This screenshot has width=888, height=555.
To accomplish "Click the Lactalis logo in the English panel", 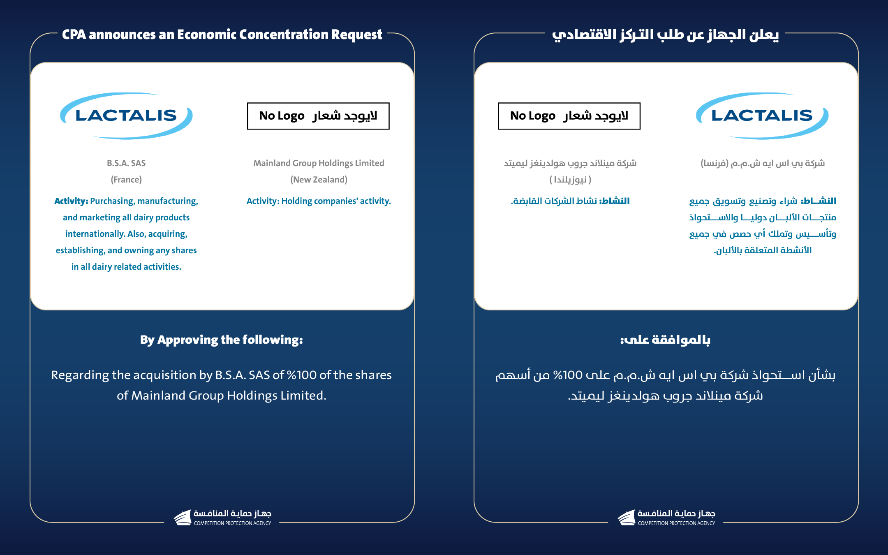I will pyautogui.click(x=126, y=116).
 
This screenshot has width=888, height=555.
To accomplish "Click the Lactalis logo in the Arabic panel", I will pyautogui.click(x=762, y=116).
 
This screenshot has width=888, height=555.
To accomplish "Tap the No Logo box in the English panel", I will pyautogui.click(x=318, y=116).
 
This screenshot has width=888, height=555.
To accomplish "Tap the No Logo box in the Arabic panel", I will pyautogui.click(x=569, y=116).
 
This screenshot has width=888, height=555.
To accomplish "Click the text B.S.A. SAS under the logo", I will pyautogui.click(x=126, y=163).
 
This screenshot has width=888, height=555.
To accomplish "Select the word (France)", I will pyautogui.click(x=126, y=180).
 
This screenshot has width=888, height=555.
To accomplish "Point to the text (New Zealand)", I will pyautogui.click(x=319, y=180).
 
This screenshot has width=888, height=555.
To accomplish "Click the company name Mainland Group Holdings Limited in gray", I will pyautogui.click(x=319, y=163).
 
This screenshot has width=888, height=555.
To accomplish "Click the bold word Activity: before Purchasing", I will pyautogui.click(x=71, y=201).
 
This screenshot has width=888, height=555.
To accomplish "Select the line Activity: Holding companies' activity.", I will pyautogui.click(x=319, y=201).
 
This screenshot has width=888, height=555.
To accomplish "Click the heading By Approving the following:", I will pyautogui.click(x=221, y=340).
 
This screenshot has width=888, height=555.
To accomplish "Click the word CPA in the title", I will pyautogui.click(x=74, y=35).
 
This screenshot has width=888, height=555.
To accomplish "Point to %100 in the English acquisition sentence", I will pyautogui.click(x=302, y=375).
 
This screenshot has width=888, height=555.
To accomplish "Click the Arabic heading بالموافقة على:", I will pyautogui.click(x=665, y=340).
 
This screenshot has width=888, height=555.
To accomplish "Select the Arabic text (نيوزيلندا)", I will pyautogui.click(x=570, y=180).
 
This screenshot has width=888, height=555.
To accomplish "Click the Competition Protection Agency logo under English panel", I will pyautogui.click(x=222, y=518).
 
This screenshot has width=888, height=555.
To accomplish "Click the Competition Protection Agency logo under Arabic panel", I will pyautogui.click(x=666, y=518).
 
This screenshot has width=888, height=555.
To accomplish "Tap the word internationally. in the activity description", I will pyautogui.click(x=95, y=234).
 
